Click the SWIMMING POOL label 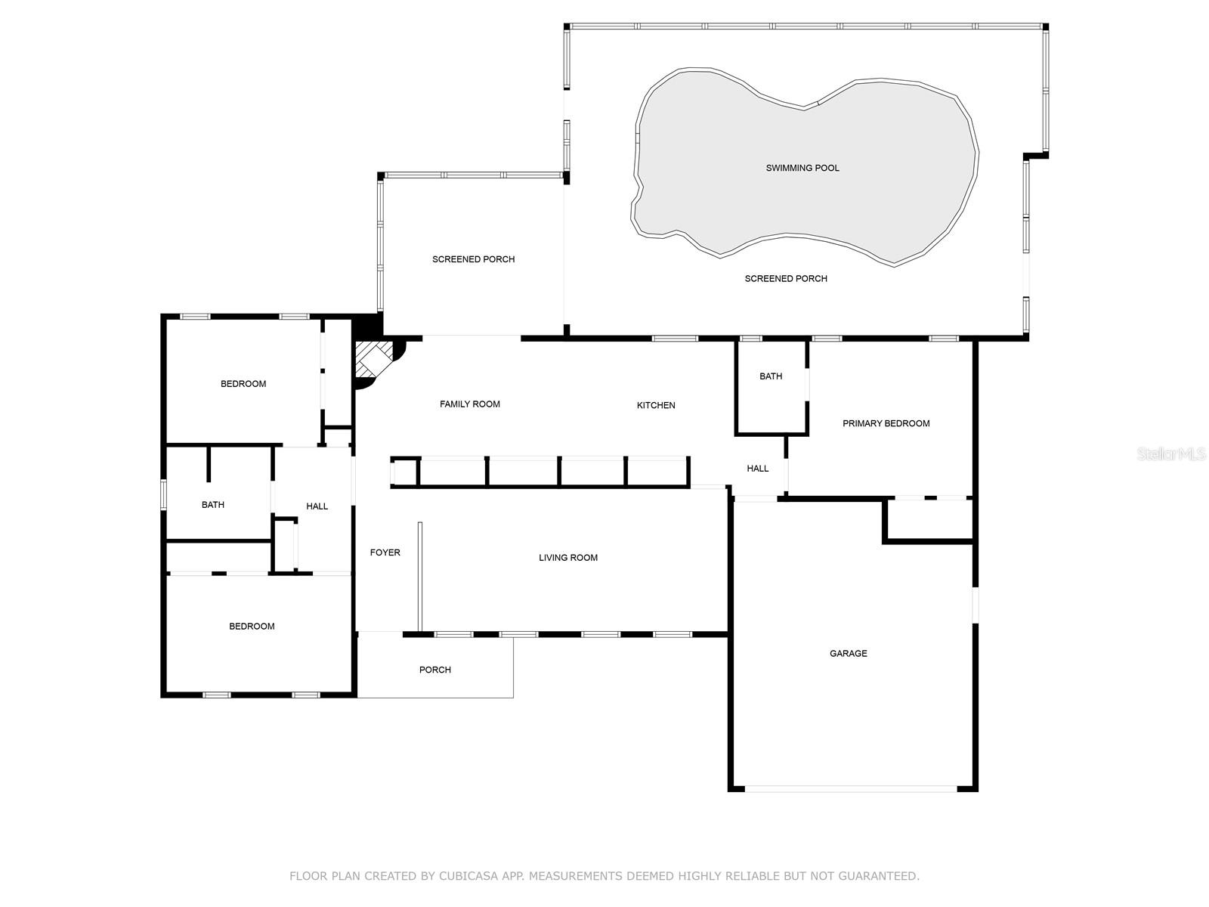802,168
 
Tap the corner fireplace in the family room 376,361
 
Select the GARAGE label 848,653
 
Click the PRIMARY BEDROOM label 886,423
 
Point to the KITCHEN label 656,405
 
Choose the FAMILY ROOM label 470,404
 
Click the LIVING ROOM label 568,558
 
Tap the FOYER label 385,553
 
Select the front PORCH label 435,670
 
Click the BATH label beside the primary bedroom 771,376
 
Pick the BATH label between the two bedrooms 213,505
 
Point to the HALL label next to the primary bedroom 758,469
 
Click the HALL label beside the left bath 317,506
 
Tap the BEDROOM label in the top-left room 243,384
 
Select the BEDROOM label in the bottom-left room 252,627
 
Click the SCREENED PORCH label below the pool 786,279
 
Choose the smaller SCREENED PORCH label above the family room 473,259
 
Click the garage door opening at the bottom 852,789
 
